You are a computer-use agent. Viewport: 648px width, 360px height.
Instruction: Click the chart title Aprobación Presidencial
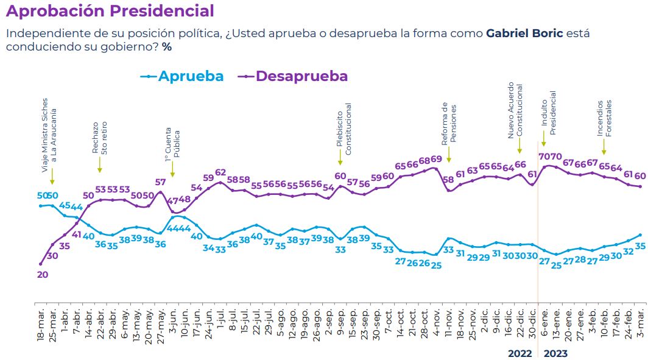click(110, 11)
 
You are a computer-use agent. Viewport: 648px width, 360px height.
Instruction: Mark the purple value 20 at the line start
click(43, 275)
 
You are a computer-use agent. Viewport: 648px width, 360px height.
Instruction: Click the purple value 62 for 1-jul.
click(220, 172)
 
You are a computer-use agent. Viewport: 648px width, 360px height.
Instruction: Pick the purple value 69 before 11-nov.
click(436, 160)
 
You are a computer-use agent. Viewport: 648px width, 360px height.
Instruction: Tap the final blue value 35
click(640, 246)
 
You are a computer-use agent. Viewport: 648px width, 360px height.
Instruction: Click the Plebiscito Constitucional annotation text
click(344, 128)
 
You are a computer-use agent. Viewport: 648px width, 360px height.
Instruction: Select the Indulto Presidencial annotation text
click(549, 113)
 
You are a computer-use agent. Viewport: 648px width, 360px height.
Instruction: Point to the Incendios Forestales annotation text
click(604, 118)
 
